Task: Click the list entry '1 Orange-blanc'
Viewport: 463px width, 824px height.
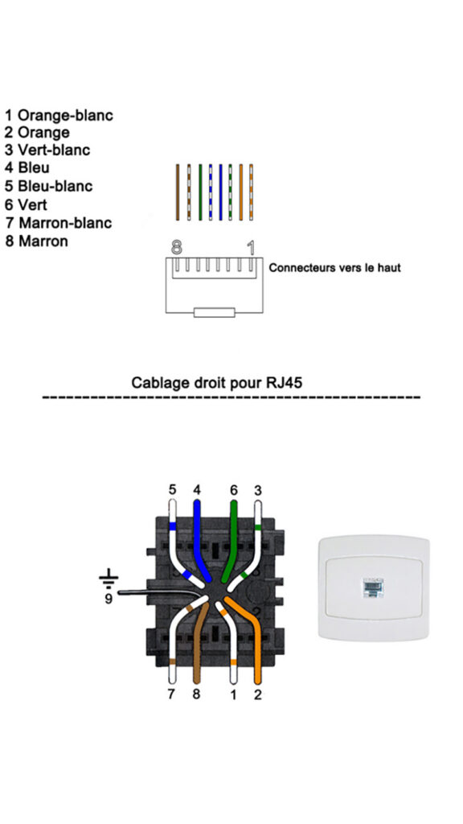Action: pos(59,115)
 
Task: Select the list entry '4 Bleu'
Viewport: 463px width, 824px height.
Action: pos(28,167)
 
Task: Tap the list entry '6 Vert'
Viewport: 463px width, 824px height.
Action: pos(27,204)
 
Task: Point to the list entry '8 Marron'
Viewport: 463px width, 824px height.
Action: pos(37,241)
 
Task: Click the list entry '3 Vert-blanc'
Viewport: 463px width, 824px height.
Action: pos(48,150)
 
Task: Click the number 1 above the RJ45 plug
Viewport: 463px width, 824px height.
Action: pos(251,246)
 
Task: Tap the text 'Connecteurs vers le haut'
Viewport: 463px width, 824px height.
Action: pos(334,267)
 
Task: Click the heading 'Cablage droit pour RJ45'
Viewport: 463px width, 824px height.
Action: pos(217,382)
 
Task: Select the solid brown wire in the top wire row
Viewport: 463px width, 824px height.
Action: pos(178,192)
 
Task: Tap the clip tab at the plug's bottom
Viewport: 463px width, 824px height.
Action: pos(214,311)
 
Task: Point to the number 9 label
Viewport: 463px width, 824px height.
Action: pos(106,599)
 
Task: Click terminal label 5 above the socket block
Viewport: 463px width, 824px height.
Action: pos(172,489)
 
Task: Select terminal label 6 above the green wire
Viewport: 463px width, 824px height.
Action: pos(234,489)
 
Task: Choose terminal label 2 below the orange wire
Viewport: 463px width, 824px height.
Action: pos(258,693)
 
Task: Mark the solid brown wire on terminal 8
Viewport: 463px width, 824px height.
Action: pos(198,644)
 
